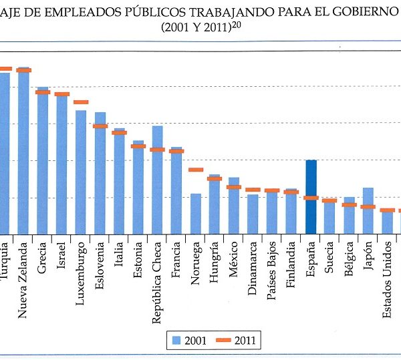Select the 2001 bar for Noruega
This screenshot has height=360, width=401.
[x=196, y=213]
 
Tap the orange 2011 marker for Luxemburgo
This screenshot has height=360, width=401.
[x=81, y=102]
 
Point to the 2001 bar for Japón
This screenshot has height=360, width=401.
[x=368, y=210]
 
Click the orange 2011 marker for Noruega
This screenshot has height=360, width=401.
[x=196, y=170]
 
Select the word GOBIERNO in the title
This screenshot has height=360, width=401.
[x=361, y=14]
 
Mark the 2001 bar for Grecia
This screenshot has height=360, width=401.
[x=43, y=160]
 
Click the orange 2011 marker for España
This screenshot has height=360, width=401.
[x=311, y=198]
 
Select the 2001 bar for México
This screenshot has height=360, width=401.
[x=234, y=205]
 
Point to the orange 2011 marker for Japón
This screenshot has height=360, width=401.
[x=368, y=206]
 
